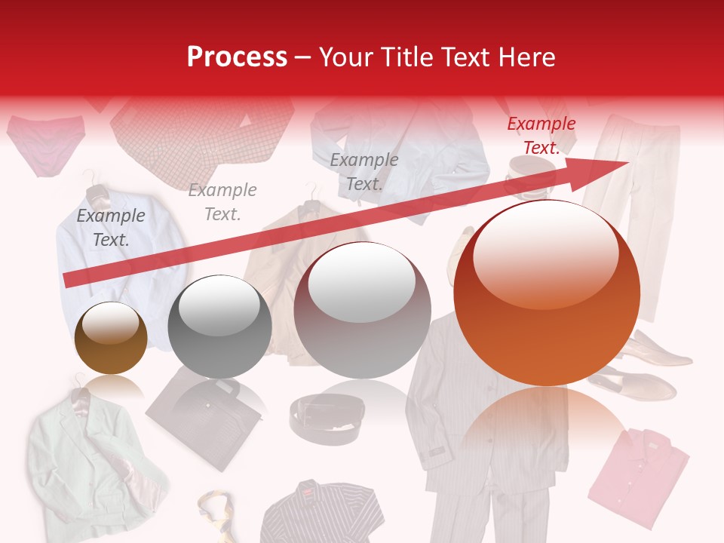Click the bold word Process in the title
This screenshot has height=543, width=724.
coord(237,57)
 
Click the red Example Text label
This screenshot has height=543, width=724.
coord(541,136)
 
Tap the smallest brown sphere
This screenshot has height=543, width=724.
coord(111,339)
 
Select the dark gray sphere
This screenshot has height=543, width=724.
coord(219,327)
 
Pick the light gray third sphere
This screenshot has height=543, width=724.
coord(362,310)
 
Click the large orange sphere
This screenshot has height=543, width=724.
coord(547,293)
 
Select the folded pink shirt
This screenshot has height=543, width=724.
coord(637,475)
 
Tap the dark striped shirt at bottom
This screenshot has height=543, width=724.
coord(321,513)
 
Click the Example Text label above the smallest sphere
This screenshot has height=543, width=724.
coord(111,227)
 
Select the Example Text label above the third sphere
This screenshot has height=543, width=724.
coord(364,171)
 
